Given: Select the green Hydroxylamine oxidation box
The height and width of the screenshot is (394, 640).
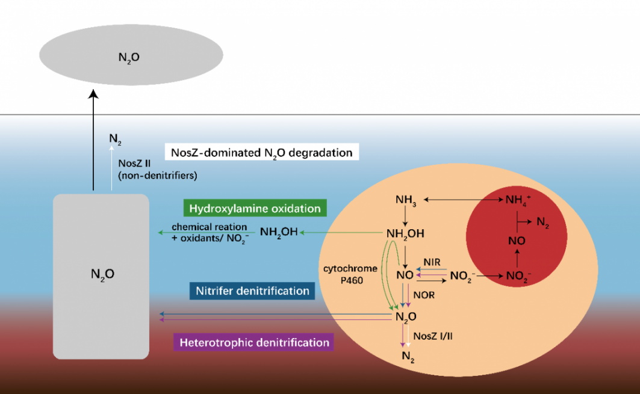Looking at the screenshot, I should [x=255, y=209].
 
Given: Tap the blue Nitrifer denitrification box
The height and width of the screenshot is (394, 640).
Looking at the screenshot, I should [x=252, y=291].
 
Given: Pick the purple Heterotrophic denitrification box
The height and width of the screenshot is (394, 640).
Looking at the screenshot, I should [x=253, y=342].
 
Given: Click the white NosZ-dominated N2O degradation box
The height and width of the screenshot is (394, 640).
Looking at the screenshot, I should [x=262, y=152].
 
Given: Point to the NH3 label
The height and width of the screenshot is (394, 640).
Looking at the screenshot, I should [x=406, y=200].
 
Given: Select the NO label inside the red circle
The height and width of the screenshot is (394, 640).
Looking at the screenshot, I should [x=517, y=241].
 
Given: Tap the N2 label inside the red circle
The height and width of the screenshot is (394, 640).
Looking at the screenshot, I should [x=542, y=223].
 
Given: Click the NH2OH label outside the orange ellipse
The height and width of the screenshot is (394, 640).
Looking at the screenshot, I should [x=279, y=232].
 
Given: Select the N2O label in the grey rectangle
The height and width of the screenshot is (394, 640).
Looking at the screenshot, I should [x=102, y=274].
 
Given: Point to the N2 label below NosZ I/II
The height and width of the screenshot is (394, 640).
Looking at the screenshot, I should [x=408, y=357].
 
